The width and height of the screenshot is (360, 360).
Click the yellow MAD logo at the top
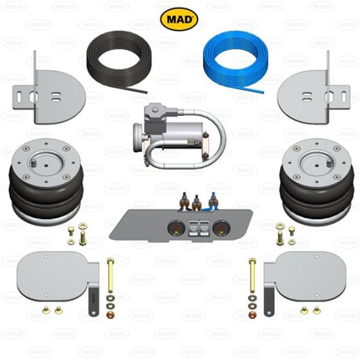pos(179,19)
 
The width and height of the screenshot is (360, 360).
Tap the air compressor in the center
pos(179,136)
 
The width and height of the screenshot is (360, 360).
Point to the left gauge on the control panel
pos(176,228)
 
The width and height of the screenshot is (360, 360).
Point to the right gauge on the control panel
pos(221,228)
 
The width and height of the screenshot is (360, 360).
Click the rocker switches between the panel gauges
pos(199,228)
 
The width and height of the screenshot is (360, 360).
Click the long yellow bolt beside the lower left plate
pos(110,275)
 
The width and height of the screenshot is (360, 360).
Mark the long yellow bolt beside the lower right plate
pos(253,275)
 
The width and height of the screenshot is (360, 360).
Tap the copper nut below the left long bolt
pos(110,314)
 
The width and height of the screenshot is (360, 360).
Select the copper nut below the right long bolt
pos(253,314)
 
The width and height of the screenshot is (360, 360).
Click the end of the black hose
pos(146,92)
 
